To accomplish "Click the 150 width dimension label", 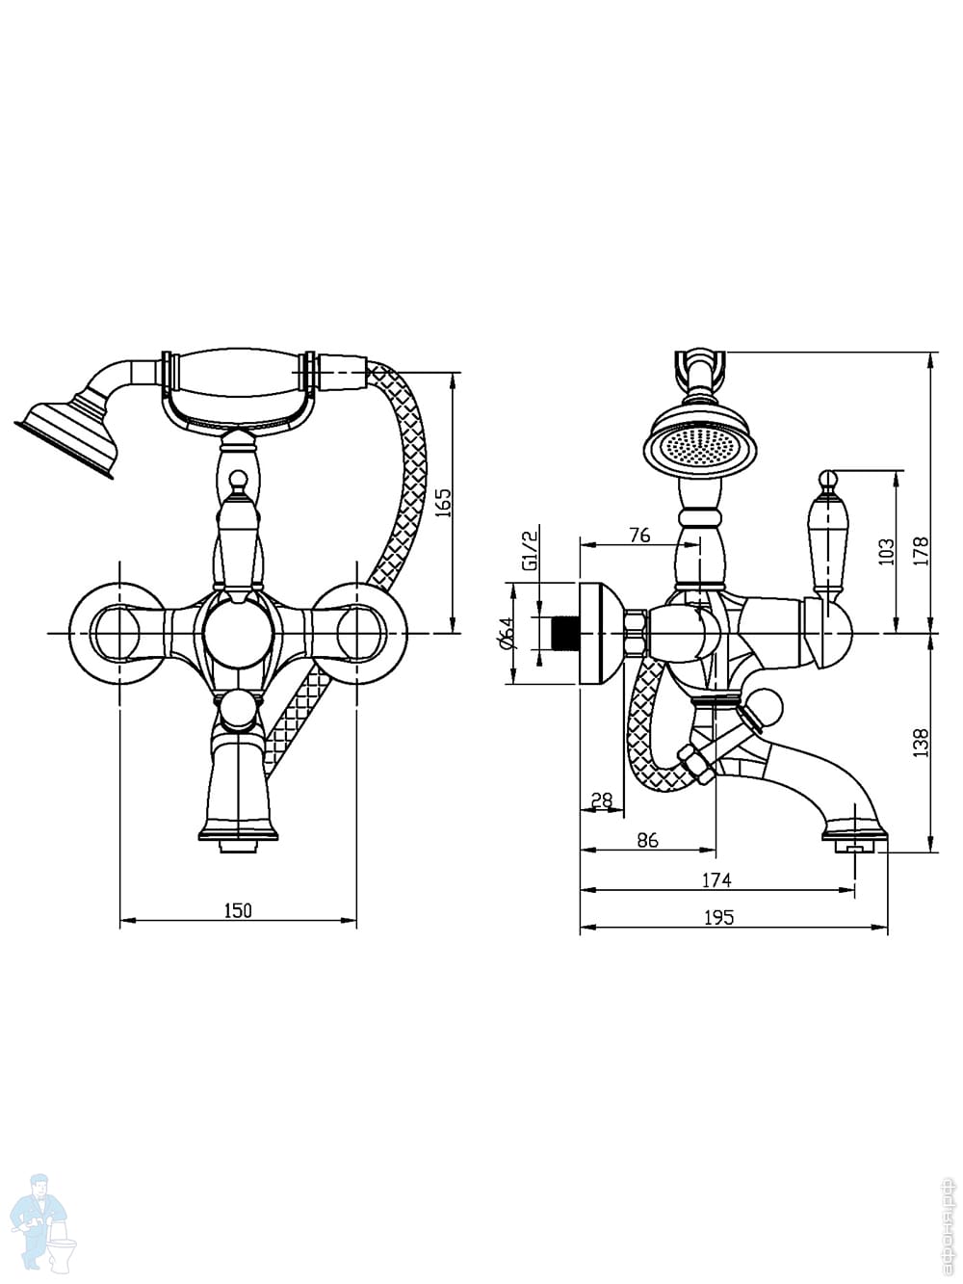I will pyautogui.click(x=238, y=910).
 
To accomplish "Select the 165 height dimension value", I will pyautogui.click(x=444, y=503).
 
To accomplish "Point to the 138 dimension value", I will pyautogui.click(x=921, y=742).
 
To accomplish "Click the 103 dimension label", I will pyautogui.click(x=886, y=551).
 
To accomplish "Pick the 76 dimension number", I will pyautogui.click(x=638, y=536).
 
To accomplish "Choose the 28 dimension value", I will pyautogui.click(x=602, y=799).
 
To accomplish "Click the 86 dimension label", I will pyautogui.click(x=647, y=840).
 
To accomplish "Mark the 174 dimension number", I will pyautogui.click(x=716, y=879).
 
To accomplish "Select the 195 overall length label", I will pyautogui.click(x=718, y=918).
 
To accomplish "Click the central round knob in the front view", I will pyautogui.click(x=238, y=633).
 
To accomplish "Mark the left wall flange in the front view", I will pyautogui.click(x=118, y=633).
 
